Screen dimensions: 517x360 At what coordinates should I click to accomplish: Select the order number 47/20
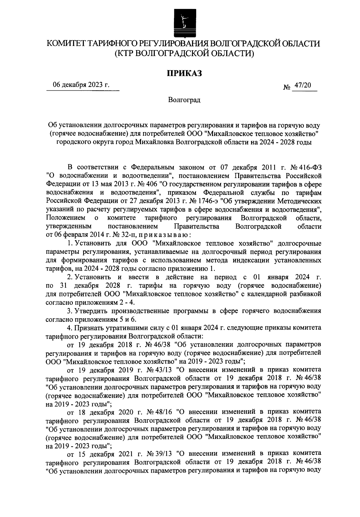pos(303,86)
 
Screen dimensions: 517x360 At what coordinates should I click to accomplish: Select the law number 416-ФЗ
pos(312,167)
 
